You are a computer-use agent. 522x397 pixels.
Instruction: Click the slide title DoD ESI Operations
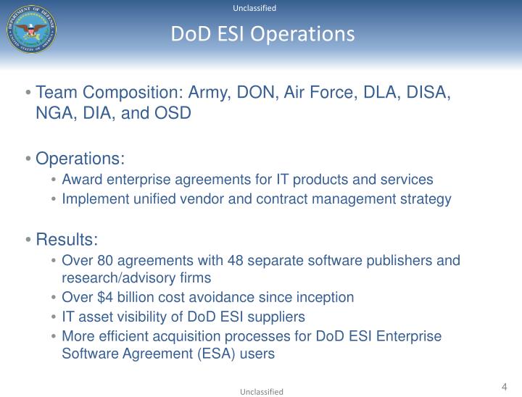tap(262, 34)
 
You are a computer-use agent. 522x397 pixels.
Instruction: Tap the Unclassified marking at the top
tap(254, 8)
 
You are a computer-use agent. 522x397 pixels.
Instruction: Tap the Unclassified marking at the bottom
tap(262, 391)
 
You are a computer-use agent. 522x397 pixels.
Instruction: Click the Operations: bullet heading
tap(80, 159)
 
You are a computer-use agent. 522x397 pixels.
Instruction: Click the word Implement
tap(93, 198)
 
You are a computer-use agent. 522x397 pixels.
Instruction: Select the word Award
tap(81, 179)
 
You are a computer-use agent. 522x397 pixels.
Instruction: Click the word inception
tap(325, 297)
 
